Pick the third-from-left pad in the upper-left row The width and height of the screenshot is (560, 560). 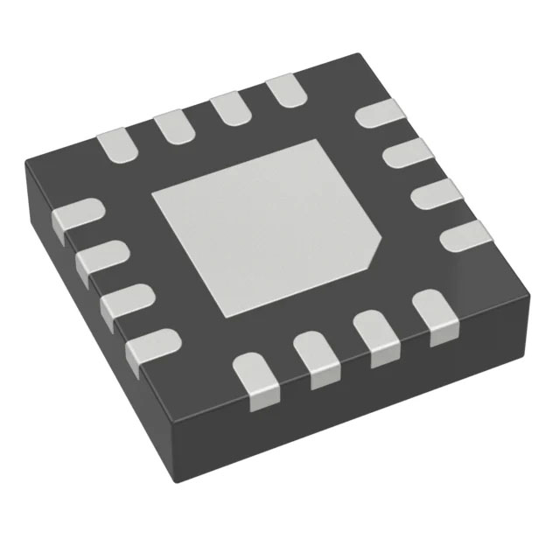229,108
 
